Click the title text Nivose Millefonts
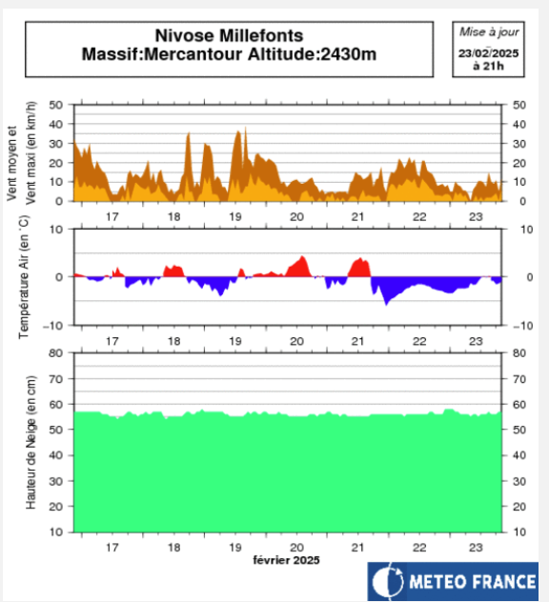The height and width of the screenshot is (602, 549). (229, 35)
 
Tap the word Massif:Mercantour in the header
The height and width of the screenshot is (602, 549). (148, 53)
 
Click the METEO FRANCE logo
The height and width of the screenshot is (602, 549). (454, 580)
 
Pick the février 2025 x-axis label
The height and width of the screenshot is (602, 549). (287, 560)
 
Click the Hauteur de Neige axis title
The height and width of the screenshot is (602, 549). (30, 442)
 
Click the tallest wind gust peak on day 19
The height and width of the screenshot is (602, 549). (245, 129)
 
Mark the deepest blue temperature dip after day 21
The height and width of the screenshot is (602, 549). (386, 302)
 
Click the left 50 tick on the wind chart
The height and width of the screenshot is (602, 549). (57, 105)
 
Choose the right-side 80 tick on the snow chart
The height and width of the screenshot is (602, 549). (519, 352)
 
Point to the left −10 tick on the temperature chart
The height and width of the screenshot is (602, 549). (55, 325)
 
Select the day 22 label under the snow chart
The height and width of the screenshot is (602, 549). (418, 549)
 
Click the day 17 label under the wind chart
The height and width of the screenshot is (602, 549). (112, 217)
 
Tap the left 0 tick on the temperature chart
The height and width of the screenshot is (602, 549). (60, 277)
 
